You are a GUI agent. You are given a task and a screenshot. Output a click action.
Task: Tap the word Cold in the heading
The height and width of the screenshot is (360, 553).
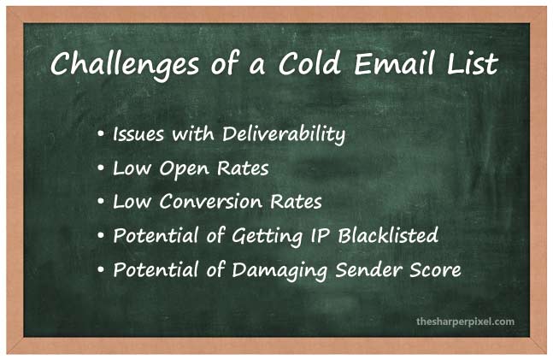pyautogui.click(x=309, y=62)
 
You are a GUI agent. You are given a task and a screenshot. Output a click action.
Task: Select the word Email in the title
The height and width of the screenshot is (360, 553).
pyautogui.click(x=394, y=62)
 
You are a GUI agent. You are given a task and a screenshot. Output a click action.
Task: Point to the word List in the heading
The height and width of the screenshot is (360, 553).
pyautogui.click(x=473, y=62)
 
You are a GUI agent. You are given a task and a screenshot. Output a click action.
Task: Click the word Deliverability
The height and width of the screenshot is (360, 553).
pyautogui.click(x=284, y=135)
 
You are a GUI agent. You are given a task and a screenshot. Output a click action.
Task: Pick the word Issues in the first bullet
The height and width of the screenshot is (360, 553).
pyautogui.click(x=138, y=134)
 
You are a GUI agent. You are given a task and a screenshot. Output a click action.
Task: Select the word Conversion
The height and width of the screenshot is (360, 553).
pyautogui.click(x=211, y=202)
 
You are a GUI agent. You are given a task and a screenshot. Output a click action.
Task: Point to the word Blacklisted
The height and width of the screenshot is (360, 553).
pyautogui.click(x=388, y=234)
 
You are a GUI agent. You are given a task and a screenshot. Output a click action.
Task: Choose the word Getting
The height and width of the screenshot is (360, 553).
pyautogui.click(x=268, y=237)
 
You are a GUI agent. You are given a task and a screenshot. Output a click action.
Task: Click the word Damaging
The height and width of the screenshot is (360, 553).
pyautogui.click(x=280, y=271)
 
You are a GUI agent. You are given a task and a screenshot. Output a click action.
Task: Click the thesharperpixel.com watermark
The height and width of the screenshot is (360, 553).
pyautogui.click(x=465, y=322)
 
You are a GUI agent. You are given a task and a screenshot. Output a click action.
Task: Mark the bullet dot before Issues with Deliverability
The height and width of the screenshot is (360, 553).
pyautogui.click(x=101, y=134)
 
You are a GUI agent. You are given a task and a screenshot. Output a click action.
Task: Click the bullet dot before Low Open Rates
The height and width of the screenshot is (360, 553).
pyautogui.click(x=101, y=168)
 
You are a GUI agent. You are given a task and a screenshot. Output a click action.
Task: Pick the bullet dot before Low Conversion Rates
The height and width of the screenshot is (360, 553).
pyautogui.click(x=101, y=202)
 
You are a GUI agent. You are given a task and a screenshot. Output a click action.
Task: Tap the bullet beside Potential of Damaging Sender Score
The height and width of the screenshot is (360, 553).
pyautogui.click(x=101, y=270)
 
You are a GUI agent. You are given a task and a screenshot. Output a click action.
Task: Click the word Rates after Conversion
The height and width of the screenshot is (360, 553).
pyautogui.click(x=297, y=202)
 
